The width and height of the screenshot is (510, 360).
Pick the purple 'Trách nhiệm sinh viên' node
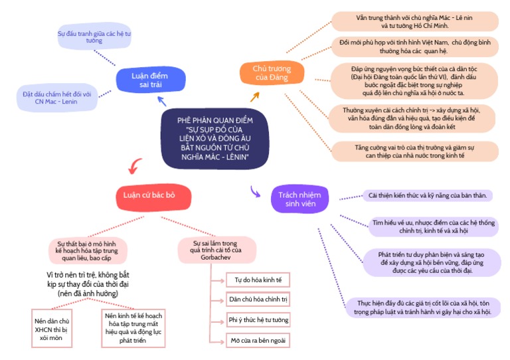pyautogui.click(x=299, y=199)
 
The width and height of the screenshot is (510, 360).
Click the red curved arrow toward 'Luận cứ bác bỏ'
pyautogui.click(x=136, y=165)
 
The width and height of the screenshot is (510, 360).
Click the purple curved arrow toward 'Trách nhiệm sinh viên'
pyautogui.click(x=256, y=191)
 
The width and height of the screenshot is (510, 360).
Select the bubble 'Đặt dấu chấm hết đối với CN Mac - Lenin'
pyautogui.click(x=62, y=98)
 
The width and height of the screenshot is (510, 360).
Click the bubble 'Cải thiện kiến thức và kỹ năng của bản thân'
pyautogui.click(x=428, y=195)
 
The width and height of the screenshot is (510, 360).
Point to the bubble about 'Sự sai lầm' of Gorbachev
pyautogui.click(x=216, y=249)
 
